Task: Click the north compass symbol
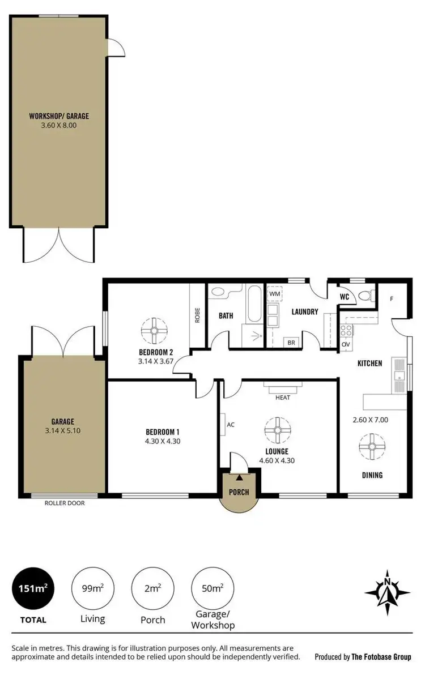(x=388, y=592)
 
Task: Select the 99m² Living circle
(x=92, y=589)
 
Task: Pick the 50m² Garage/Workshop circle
(x=212, y=589)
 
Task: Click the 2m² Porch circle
(x=152, y=589)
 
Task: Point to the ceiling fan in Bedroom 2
(x=152, y=331)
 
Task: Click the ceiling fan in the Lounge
(x=278, y=430)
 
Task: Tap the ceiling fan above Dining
(x=372, y=446)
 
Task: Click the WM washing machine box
(x=275, y=294)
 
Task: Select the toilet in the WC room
(x=367, y=296)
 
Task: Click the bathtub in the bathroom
(x=254, y=303)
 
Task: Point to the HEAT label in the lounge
(x=283, y=398)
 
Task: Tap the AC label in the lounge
(x=231, y=424)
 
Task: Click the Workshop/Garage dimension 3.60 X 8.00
(x=59, y=126)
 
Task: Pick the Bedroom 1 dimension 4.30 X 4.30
(x=163, y=441)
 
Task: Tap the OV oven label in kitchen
(x=346, y=344)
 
